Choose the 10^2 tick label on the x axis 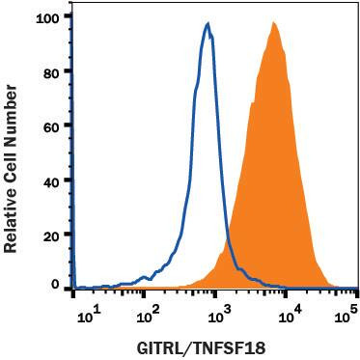(149, 312)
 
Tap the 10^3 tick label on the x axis (218, 312)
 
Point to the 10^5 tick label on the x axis (351, 312)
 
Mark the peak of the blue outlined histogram (208, 24)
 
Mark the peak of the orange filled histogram (274, 23)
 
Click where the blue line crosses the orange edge (226, 241)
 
